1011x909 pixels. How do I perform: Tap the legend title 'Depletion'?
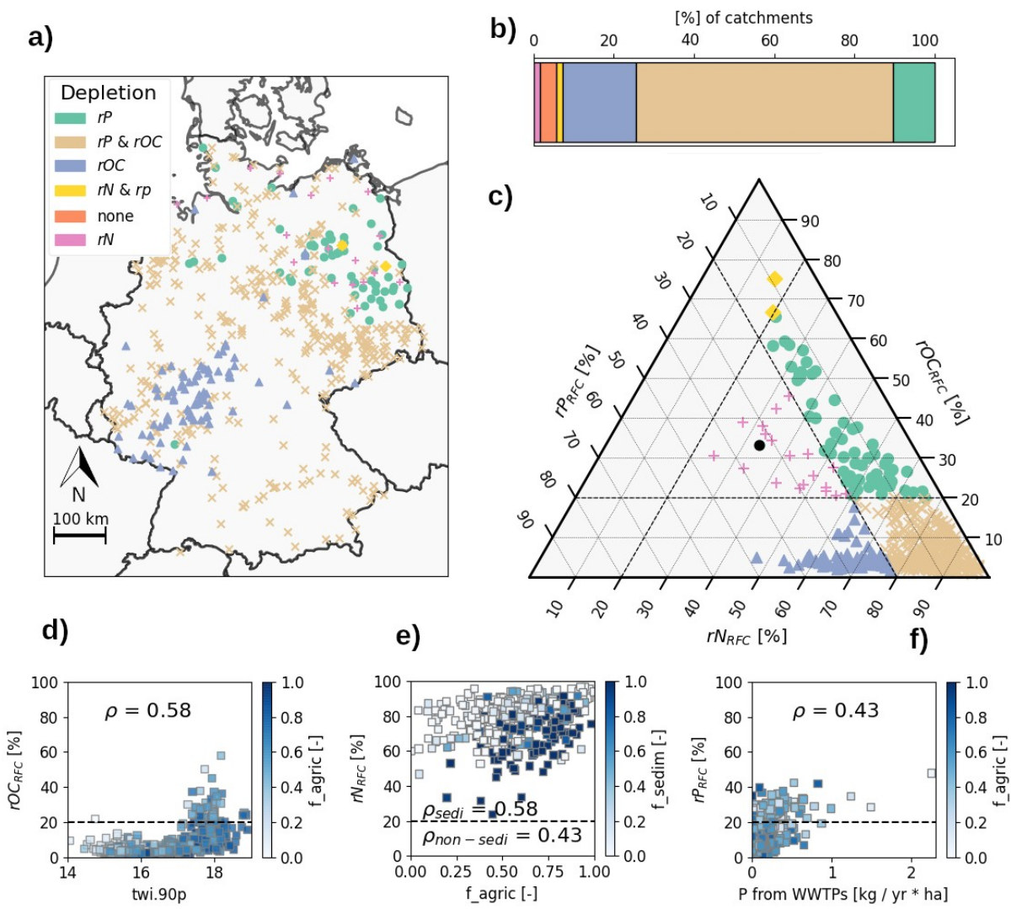(x=108, y=93)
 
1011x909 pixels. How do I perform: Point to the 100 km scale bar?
(x=80, y=536)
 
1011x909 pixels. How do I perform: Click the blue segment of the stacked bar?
(x=599, y=102)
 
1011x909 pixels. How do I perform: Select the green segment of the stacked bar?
(x=913, y=102)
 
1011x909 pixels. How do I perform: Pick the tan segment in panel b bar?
(x=764, y=102)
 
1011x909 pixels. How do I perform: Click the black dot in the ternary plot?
(x=759, y=445)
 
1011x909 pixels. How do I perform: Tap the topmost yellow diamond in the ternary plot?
(x=774, y=279)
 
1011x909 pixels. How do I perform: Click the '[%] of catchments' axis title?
(x=744, y=18)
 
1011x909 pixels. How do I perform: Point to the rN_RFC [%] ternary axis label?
(x=746, y=637)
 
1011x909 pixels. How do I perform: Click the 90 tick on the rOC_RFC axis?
(x=810, y=222)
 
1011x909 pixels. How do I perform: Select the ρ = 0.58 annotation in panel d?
(x=148, y=710)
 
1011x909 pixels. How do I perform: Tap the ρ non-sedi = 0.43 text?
(x=502, y=835)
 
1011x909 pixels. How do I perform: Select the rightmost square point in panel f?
(x=931, y=773)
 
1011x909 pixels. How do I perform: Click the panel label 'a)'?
(x=40, y=39)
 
